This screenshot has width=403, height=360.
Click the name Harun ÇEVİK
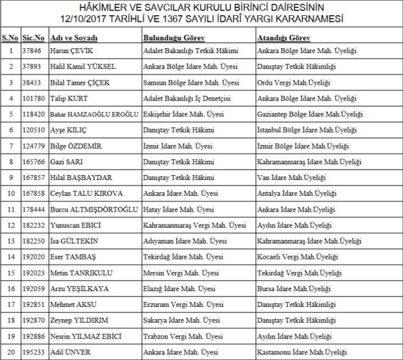coord(71,51)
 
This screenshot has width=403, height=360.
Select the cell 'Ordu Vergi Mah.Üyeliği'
coord(294,82)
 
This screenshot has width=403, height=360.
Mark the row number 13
coord(10,241)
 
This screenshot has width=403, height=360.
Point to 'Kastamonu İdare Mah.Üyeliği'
coord(302,352)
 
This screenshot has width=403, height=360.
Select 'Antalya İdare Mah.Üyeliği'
coord(297,193)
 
